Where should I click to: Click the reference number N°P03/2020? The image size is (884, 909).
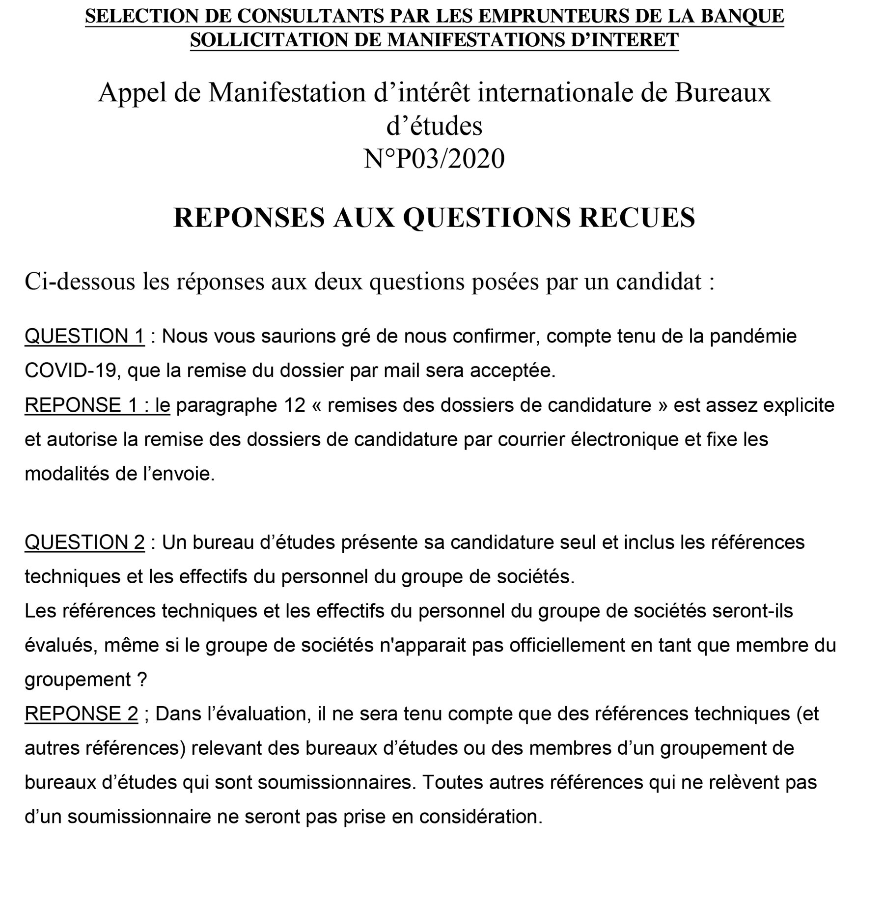pyautogui.click(x=434, y=159)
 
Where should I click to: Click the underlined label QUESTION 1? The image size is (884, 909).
pyautogui.click(x=84, y=337)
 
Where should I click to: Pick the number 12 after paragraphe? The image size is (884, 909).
pyautogui.click(x=295, y=405)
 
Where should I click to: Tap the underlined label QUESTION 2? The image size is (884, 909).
pyautogui.click(x=84, y=542)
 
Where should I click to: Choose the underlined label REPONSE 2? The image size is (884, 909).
pyautogui.click(x=81, y=714)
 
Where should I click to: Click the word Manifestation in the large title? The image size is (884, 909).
pyautogui.click(x=287, y=92)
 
